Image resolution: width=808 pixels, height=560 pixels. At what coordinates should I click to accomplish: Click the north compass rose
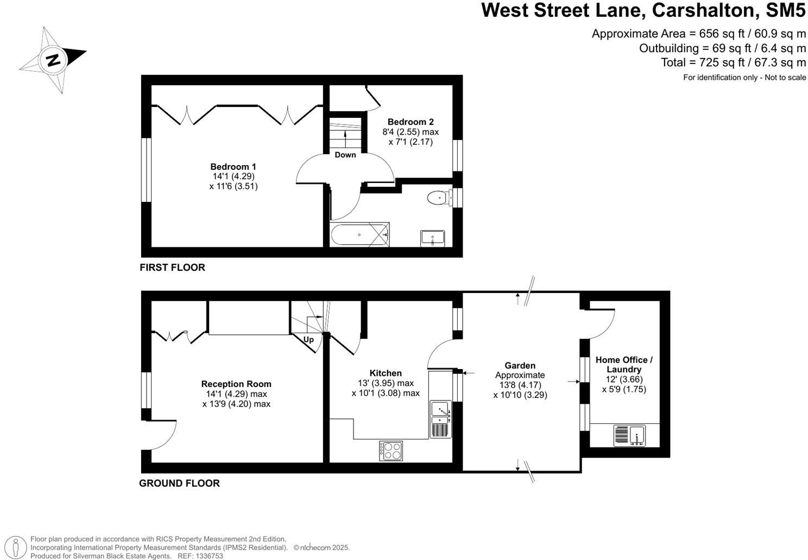[53, 59]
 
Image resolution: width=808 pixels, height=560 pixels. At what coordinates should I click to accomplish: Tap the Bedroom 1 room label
[233, 167]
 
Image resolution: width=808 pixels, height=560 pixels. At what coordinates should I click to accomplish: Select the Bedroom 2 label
[410, 122]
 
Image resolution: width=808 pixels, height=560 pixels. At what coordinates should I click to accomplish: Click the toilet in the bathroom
[438, 198]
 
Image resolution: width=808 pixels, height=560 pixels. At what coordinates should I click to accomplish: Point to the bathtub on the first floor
[359, 235]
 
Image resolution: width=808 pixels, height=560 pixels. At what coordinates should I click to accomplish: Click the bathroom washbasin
[432, 238]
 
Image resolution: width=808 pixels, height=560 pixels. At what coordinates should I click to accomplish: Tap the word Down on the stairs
[345, 155]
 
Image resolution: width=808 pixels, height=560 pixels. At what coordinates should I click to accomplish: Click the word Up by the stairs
[308, 340]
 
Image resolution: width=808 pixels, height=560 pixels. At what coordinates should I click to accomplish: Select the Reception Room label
[236, 384]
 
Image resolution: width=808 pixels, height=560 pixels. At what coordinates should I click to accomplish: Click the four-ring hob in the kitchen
[391, 450]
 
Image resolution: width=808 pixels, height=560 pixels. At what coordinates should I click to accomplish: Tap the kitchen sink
[440, 413]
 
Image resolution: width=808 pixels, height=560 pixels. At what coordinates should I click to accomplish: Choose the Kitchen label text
[386, 373]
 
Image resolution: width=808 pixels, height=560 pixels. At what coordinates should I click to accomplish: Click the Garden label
[520, 366]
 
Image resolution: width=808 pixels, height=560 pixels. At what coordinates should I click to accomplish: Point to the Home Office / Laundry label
[624, 365]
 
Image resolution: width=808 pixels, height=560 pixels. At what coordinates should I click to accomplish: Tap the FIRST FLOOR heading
[172, 268]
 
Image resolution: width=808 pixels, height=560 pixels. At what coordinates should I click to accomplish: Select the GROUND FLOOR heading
[179, 483]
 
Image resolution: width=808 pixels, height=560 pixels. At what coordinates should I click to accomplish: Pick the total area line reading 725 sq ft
[733, 62]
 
